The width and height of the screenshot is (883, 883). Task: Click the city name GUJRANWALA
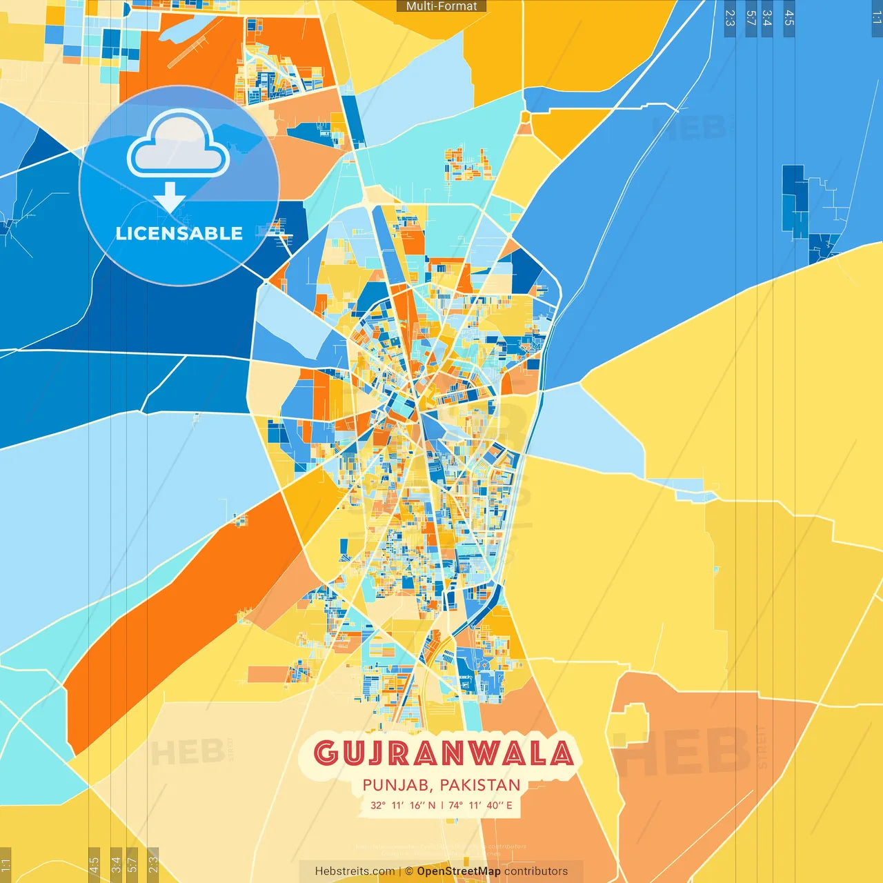443,753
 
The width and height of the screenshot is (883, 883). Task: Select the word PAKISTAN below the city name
480,785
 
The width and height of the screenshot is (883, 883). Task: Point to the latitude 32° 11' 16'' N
403,805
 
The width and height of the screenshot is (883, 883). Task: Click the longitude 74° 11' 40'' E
480,805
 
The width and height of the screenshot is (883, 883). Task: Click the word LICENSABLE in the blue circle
179,233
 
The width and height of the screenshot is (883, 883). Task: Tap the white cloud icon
179,145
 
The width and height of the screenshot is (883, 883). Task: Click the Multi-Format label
441,6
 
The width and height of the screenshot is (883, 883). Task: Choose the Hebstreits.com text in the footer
355,871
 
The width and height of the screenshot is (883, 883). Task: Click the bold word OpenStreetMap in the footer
459,871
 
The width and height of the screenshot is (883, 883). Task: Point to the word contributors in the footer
536,871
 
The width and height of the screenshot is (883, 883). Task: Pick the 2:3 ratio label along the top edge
730,18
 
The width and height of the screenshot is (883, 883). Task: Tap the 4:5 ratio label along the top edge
789,18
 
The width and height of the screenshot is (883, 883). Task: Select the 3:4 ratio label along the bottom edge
116,864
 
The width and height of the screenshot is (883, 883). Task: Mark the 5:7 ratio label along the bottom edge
132,864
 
